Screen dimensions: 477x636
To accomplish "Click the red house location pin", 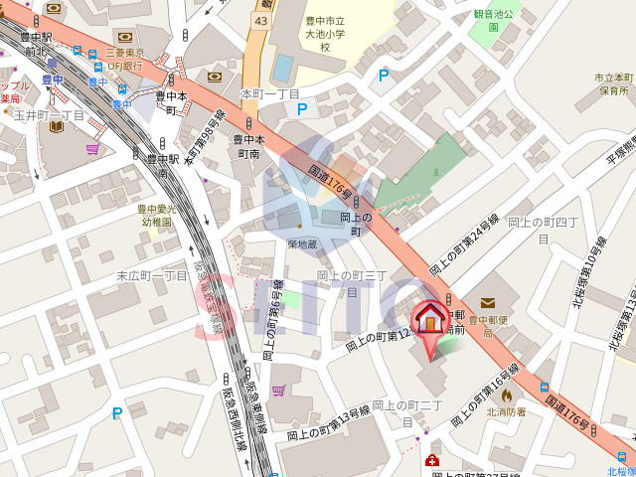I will coord(430,321).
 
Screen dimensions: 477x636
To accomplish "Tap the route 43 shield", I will coord(260,19).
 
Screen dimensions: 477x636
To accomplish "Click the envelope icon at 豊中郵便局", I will coord(488,303).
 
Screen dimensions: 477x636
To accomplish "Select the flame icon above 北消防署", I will coord(506,394).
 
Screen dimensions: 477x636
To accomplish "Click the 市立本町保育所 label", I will coord(613,83).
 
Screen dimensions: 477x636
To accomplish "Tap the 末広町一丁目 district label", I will coord(152,275).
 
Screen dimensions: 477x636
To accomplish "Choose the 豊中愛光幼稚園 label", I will coord(156,216).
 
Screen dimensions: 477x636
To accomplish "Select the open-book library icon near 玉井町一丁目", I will coord(52,129).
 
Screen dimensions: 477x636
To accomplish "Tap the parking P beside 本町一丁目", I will coord(302,108).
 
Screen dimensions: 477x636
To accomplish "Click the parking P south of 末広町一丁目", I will coord(117,413).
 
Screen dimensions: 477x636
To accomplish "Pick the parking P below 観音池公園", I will coord(383,75).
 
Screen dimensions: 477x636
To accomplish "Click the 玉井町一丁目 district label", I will coord(49,115).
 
